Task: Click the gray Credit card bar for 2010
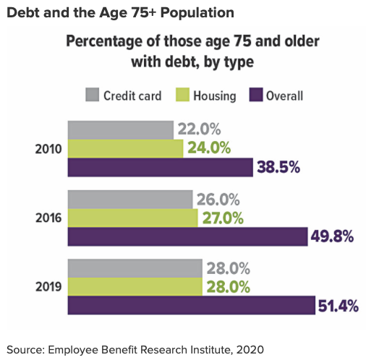coord(121,129)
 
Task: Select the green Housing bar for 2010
coord(125,148)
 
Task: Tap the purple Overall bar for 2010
coord(160,167)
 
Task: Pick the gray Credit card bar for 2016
coord(130,199)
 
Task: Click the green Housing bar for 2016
coord(132,218)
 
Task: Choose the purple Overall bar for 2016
coord(187,236)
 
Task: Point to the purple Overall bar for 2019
coord(191,305)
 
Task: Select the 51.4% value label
coord(339,306)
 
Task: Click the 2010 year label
coord(48,149)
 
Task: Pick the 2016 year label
coord(48,218)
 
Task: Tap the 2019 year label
coord(48,286)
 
